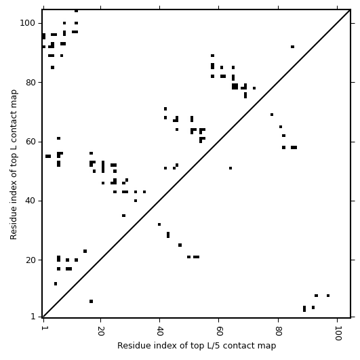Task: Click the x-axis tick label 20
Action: pos(100,331)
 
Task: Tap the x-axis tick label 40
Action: pos(159,331)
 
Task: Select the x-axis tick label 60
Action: pos(219,331)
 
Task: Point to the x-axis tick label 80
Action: pos(278,331)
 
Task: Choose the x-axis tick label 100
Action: pos(338,333)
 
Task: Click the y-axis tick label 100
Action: pos(27,23)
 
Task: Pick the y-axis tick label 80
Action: pos(30,82)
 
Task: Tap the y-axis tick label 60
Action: pos(30,142)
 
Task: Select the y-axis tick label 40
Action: pos(30,201)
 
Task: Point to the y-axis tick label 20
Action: pos(30,260)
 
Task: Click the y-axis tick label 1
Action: pos(33,317)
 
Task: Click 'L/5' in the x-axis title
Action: pos(212,346)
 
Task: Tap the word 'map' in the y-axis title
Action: pos(14,96)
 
